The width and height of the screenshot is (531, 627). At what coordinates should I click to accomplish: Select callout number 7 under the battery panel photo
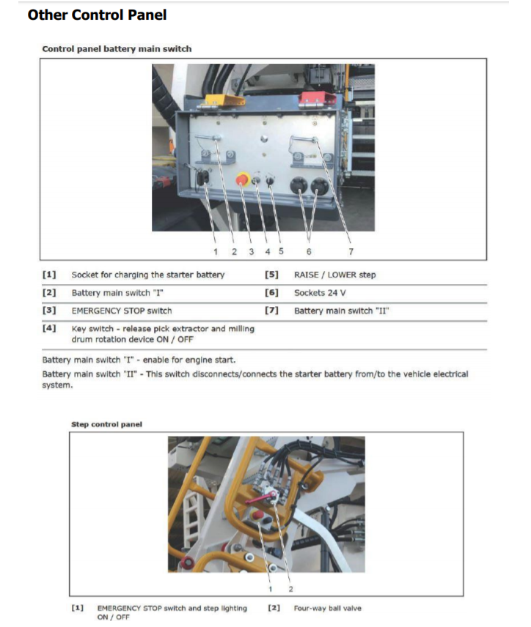pos(351,251)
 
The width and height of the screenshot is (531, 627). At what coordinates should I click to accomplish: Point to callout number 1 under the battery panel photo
pos(216,251)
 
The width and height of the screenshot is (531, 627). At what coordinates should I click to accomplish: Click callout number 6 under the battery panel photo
pos(308,251)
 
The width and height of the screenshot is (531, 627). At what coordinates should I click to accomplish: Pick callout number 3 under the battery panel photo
pos(251,251)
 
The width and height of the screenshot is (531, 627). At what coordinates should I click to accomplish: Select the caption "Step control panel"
pos(106,424)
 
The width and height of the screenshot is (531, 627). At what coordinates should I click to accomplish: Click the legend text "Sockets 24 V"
pos(321,292)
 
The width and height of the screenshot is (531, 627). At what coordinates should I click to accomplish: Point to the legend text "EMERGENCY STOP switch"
pos(121,311)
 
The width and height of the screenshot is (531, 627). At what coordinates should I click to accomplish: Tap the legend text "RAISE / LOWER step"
pos(334,275)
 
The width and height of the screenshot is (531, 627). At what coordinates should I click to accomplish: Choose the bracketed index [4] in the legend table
pos(49,329)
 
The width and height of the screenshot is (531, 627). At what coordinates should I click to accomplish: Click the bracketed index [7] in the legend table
pos(271,311)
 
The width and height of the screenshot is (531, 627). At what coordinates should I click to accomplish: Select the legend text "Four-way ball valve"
pos(327,608)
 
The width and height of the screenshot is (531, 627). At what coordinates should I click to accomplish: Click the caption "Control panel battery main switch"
pos(117,49)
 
